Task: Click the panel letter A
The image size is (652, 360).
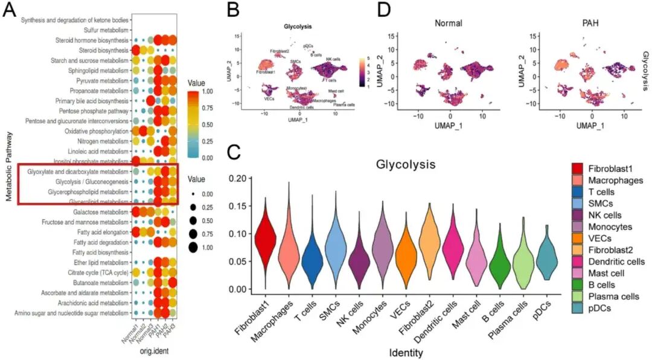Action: click(x=10, y=11)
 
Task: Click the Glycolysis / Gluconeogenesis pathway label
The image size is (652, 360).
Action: click(x=91, y=182)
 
